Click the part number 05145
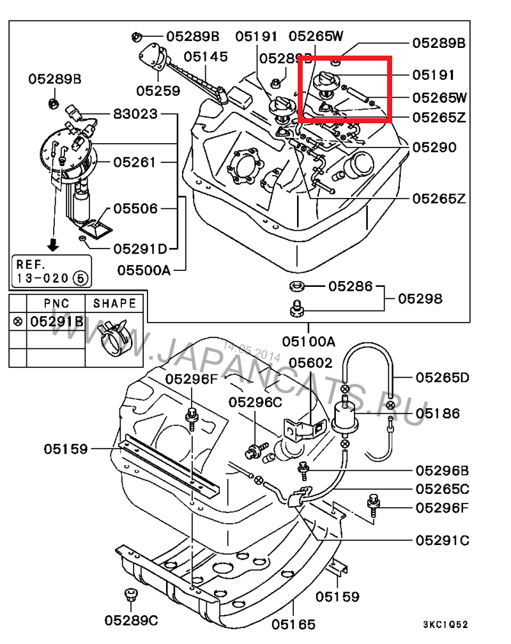point(206,57)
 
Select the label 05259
point(158,91)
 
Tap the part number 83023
point(135,115)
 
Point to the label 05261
point(135,162)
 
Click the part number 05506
point(135,208)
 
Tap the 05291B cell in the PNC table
point(57,321)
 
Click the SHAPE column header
point(114,303)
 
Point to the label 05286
point(350,286)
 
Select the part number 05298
point(420,298)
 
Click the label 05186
point(438,413)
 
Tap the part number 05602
point(310,364)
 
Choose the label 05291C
point(442,540)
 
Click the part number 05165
point(294,624)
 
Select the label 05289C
point(132,620)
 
